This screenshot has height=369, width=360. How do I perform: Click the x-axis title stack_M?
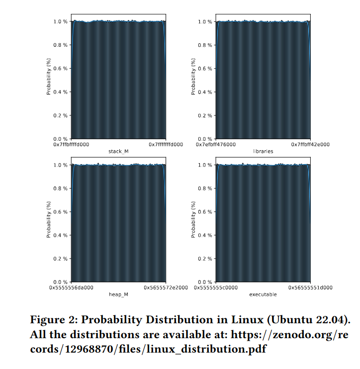tap(118, 151)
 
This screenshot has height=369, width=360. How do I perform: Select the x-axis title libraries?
tap(263, 151)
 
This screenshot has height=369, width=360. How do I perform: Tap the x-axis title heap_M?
tap(118, 294)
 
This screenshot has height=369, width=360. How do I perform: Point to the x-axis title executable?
tap(263, 294)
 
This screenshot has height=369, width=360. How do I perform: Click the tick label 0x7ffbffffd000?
tap(71, 145)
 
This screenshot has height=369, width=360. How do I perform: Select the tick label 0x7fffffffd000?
tap(166, 145)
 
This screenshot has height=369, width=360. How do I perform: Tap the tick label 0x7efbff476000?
tap(216, 145)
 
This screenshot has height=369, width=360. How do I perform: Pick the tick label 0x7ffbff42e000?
tap(310, 145)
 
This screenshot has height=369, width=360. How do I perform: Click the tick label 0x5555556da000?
tap(71, 287)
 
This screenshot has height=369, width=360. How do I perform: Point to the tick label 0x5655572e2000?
tap(166, 287)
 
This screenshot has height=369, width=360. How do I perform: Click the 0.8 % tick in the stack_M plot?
tap(60, 45)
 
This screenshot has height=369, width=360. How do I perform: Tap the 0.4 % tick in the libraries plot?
tap(205, 92)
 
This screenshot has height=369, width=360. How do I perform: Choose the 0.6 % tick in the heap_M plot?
tap(60, 212)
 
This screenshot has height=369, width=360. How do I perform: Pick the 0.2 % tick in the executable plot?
tap(205, 259)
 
